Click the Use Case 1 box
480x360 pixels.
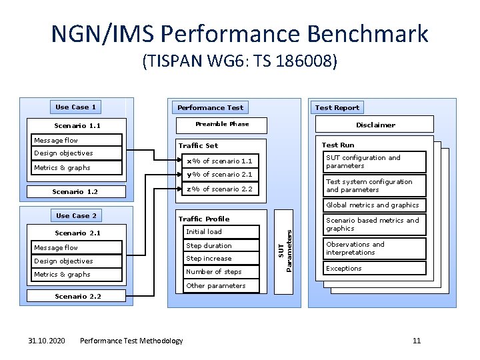[76, 107]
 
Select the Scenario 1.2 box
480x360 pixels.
[75, 192]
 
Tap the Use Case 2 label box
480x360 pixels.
[76, 216]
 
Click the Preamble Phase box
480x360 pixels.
[222, 125]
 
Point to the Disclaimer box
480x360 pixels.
[375, 125]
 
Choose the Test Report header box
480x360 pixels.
[337, 107]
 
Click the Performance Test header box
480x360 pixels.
[210, 107]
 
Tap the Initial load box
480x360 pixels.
[221, 232]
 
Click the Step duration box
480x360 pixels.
[221, 246]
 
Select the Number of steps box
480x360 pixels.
[221, 272]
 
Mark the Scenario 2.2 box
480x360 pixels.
[79, 296]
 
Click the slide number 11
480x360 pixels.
[417, 341]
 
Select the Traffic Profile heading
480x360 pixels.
[203, 219]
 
